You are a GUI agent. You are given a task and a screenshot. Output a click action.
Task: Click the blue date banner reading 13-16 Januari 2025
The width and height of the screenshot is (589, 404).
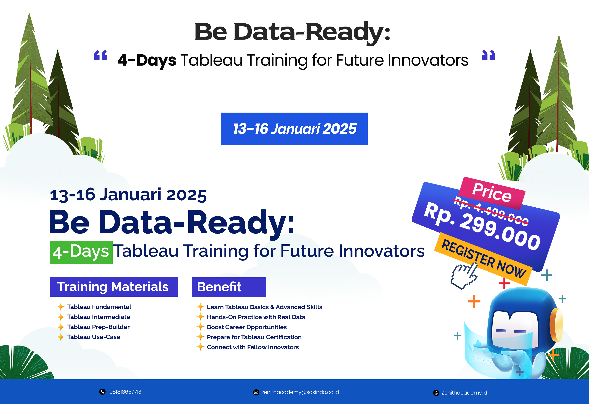[x=294, y=129]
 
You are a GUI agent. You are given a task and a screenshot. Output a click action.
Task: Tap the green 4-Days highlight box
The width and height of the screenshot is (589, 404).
[x=81, y=253]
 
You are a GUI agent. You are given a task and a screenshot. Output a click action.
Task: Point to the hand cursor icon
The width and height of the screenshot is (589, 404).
[x=464, y=275]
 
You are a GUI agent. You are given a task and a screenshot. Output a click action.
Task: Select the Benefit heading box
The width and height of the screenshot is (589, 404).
[x=229, y=287]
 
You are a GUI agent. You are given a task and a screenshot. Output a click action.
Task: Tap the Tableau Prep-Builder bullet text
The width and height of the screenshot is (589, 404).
[x=98, y=327]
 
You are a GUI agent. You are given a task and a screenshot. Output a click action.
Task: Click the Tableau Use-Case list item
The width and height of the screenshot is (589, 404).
[x=94, y=337]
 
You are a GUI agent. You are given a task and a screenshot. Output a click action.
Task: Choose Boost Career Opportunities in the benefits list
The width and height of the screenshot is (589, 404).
[x=247, y=327]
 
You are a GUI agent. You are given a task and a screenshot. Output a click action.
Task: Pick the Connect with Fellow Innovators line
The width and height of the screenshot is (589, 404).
[x=253, y=347]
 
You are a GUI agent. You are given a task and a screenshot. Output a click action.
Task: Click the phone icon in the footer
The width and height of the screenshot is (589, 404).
[x=102, y=392]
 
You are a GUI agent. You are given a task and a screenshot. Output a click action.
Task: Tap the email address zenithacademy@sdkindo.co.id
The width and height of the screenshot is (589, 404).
[x=300, y=392]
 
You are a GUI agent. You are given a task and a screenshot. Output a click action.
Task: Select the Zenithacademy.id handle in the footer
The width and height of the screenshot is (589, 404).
[x=464, y=393]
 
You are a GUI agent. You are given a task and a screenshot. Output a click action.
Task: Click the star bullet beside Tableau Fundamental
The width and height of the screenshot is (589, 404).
[x=60, y=307]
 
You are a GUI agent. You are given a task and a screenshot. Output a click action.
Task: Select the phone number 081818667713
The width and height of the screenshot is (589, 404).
[x=125, y=392]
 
